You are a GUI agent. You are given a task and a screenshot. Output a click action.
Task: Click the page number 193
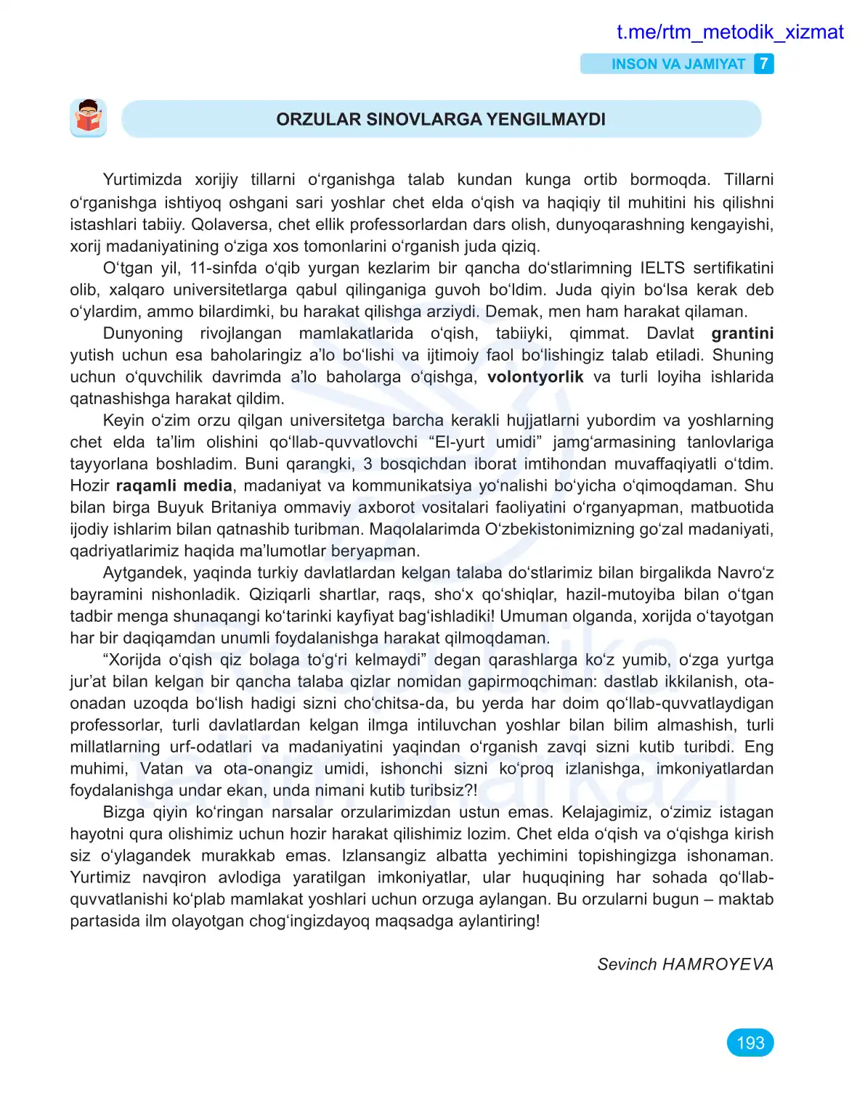click(x=750, y=1043)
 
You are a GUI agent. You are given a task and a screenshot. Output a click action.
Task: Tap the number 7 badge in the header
click(x=763, y=64)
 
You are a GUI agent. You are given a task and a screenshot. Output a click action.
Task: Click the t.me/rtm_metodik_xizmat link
click(x=729, y=32)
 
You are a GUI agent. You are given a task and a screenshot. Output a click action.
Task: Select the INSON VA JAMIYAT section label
click(x=678, y=64)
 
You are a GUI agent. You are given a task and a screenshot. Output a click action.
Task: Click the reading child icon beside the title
click(x=89, y=118)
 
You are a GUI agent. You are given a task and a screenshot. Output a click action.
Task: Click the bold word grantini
click(x=742, y=333)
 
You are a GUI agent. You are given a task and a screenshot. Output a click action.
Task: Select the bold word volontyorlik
click(x=535, y=377)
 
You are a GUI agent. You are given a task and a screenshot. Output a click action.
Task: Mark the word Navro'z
click(x=745, y=573)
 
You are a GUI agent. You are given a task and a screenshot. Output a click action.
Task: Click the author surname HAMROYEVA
click(x=718, y=964)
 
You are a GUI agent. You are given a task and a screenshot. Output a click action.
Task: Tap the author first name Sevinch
click(x=626, y=964)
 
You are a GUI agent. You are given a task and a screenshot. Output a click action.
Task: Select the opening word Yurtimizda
click(x=142, y=179)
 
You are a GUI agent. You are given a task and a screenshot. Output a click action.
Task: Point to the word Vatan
click(x=161, y=768)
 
